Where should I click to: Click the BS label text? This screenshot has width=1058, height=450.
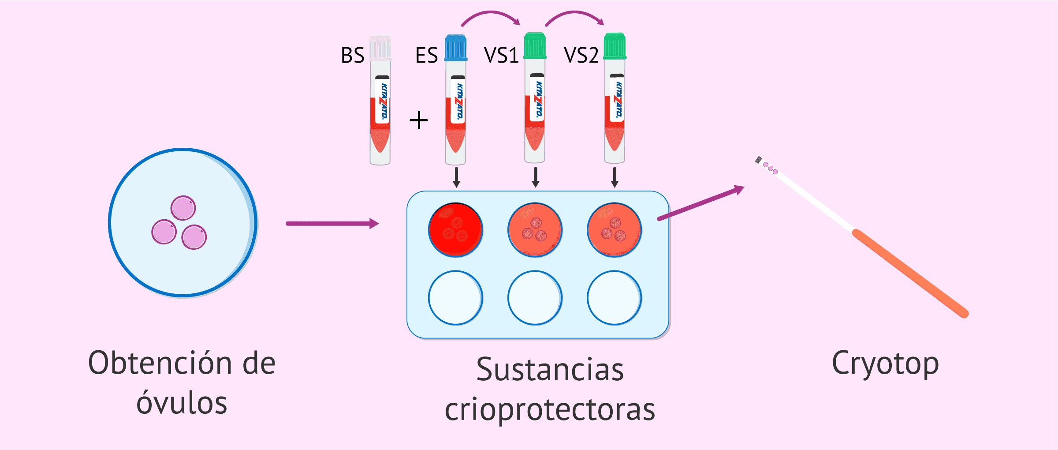pyautogui.click(x=352, y=56)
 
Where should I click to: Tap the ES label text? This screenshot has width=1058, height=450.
pyautogui.click(x=426, y=56)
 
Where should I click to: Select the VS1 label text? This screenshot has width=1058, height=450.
pyautogui.click(x=501, y=56)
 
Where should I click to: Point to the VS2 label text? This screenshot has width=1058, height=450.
pyautogui.click(x=581, y=56)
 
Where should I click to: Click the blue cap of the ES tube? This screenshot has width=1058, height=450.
pyautogui.click(x=455, y=48)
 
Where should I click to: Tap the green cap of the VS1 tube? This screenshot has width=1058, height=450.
pyautogui.click(x=535, y=46)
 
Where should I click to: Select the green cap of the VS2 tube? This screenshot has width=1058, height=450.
pyautogui.click(x=615, y=46)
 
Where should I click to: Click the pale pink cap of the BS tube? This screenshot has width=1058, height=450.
pyautogui.click(x=380, y=48)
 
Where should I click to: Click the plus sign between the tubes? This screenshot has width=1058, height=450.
pyautogui.click(x=418, y=120)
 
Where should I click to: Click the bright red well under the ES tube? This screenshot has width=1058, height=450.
pyautogui.click(x=455, y=230)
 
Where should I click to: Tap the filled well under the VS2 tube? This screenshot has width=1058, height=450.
pyautogui.click(x=614, y=230)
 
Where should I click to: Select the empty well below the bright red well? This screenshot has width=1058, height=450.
pyautogui.click(x=455, y=298)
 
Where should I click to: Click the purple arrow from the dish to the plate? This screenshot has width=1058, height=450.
pyautogui.click(x=332, y=224)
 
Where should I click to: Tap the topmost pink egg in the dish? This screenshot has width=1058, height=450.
pyautogui.click(x=183, y=208)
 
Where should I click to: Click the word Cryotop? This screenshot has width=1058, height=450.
pyautogui.click(x=885, y=364)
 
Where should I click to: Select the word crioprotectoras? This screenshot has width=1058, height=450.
pyautogui.click(x=550, y=410)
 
